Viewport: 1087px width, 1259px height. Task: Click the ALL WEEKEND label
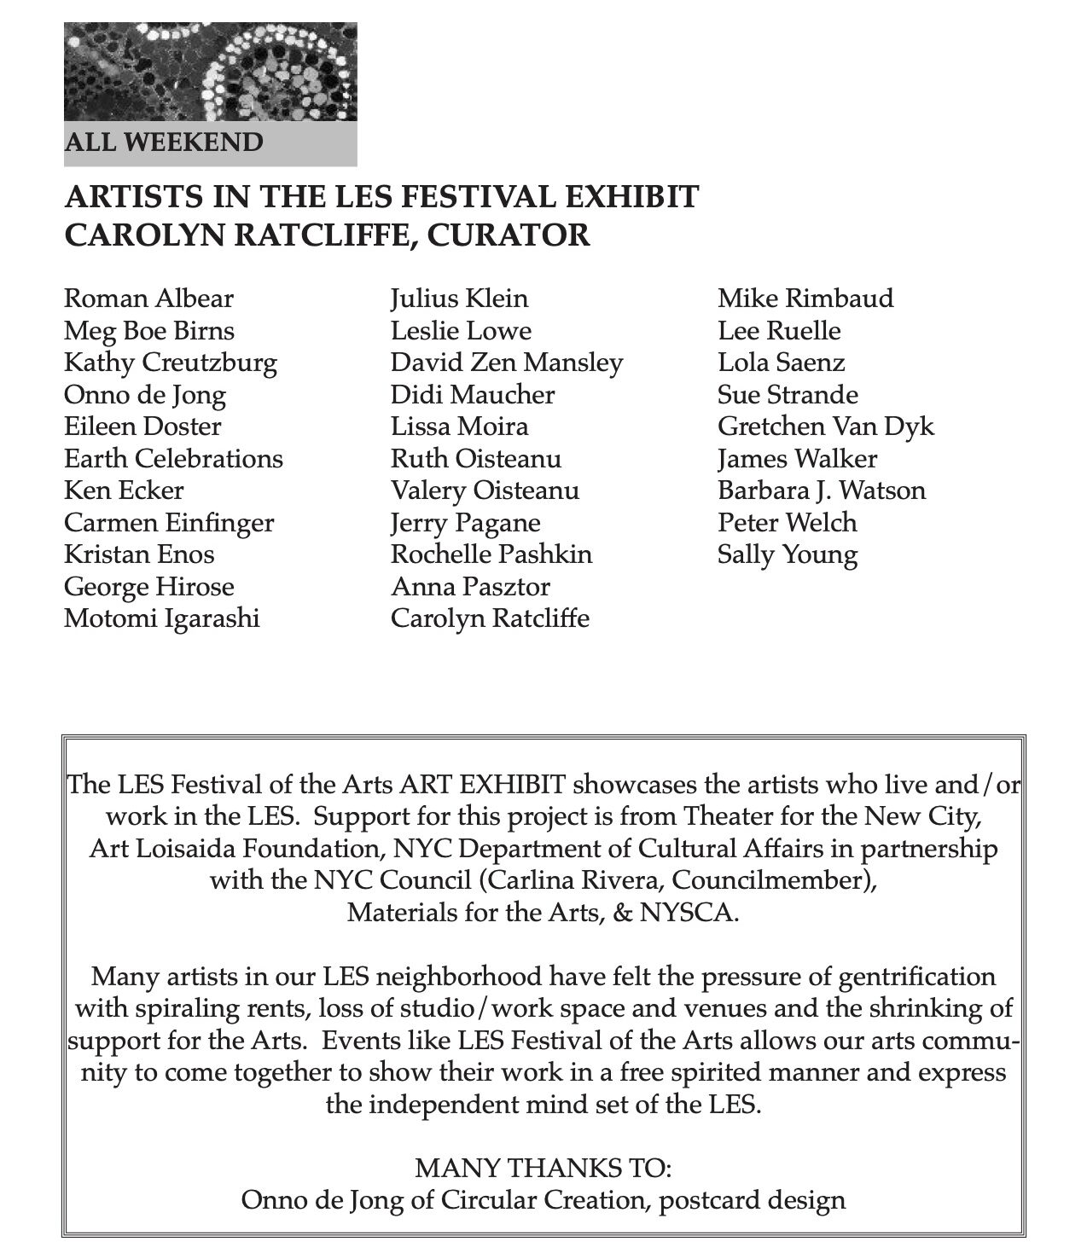[x=164, y=141]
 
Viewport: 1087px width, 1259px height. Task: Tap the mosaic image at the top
[x=210, y=71]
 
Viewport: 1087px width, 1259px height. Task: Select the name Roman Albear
[x=148, y=299]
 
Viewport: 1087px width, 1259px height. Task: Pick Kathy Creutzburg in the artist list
[x=171, y=363]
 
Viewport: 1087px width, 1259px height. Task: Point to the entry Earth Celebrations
[x=173, y=458]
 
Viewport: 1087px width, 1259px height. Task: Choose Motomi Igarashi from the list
[x=162, y=618]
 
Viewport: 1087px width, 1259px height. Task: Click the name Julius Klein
[x=459, y=299]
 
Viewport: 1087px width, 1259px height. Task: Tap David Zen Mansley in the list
[x=507, y=363]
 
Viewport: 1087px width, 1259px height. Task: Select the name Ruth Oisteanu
[x=475, y=458]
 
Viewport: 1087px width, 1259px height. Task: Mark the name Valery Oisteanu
[x=485, y=490]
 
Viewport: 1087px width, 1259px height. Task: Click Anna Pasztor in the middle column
[x=470, y=586]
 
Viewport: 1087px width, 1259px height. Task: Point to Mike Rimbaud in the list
[x=805, y=299]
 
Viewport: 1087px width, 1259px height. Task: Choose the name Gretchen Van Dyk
[x=825, y=426]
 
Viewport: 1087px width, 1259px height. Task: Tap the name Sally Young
[x=787, y=554]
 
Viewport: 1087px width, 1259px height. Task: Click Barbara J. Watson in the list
[x=821, y=490]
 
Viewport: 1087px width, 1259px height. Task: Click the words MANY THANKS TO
[x=543, y=1166]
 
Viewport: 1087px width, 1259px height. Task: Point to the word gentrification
[x=905, y=975]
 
